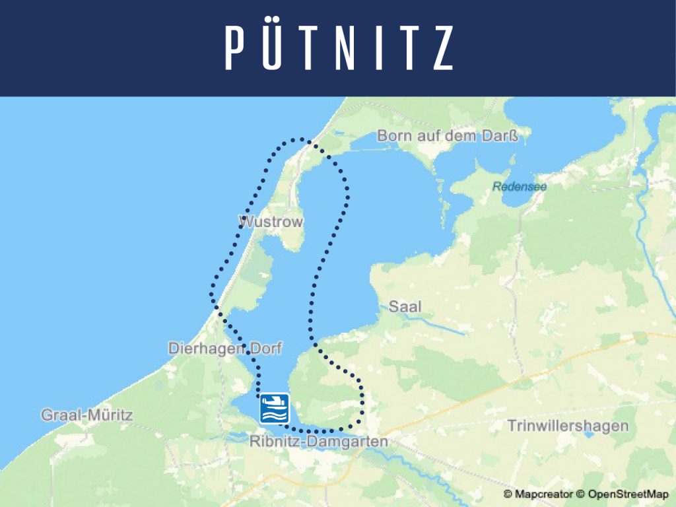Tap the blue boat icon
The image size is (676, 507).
[x=275, y=408]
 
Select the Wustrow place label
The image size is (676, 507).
[x=271, y=222]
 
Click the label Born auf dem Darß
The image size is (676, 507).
[x=446, y=136]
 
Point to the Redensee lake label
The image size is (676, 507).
[x=519, y=186]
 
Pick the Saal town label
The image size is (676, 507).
[x=404, y=306]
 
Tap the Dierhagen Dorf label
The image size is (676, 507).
[x=224, y=348]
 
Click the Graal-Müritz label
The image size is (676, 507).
[x=86, y=415]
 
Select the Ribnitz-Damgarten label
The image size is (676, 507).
[x=319, y=442]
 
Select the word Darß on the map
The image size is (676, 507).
[x=500, y=136]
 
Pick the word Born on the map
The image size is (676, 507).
[x=391, y=136]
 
